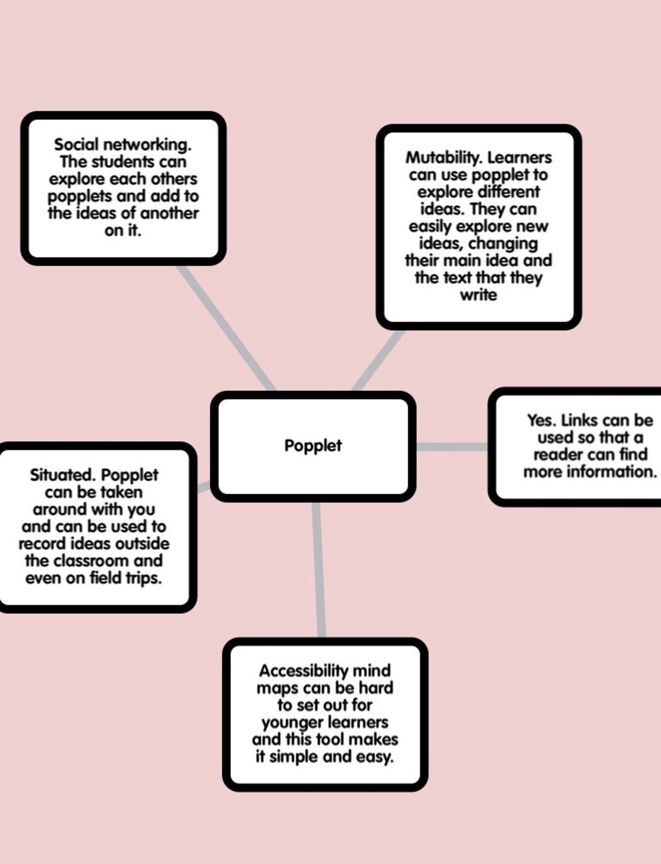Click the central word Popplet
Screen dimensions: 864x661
coord(313,446)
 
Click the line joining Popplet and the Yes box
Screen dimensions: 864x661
coord(452,447)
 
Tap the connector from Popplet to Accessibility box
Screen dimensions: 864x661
coord(319,570)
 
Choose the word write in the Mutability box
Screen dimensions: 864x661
coord(478,295)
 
